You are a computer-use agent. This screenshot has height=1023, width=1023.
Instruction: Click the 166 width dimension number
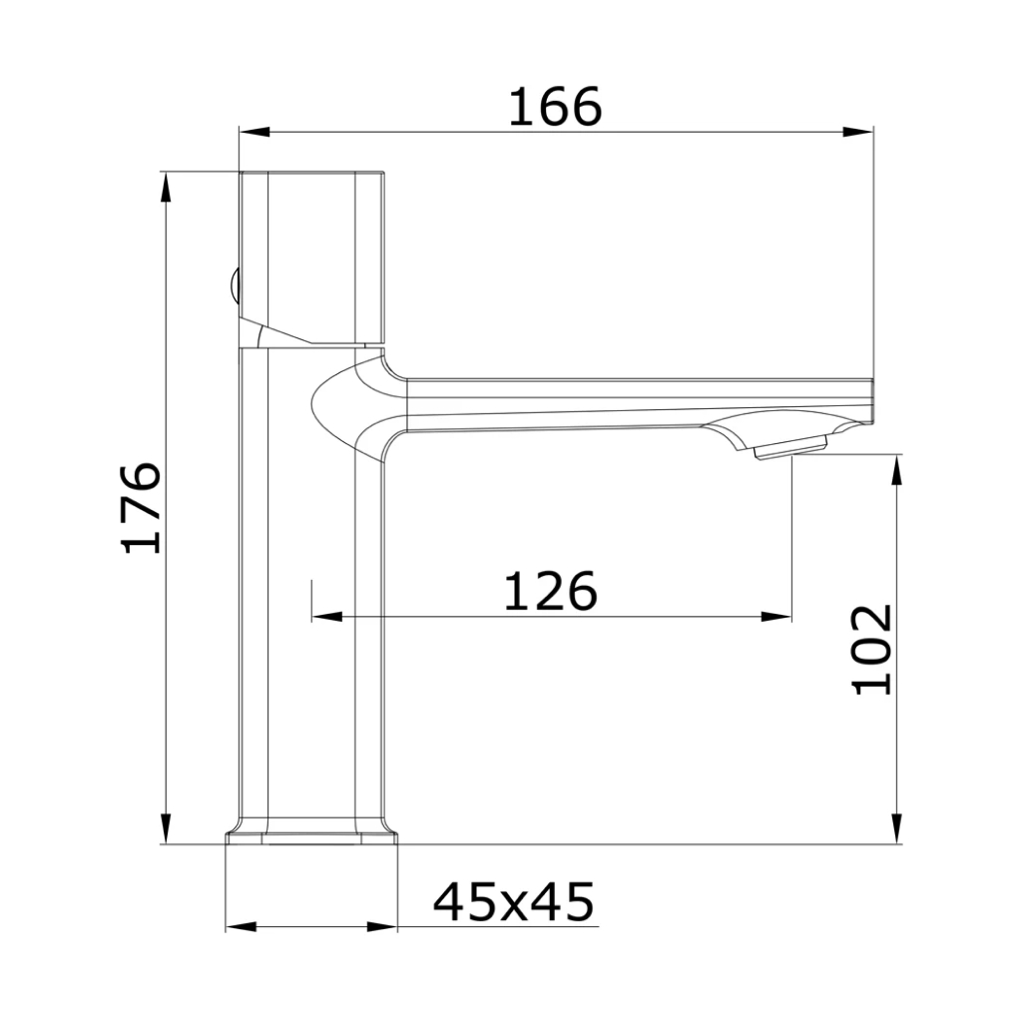555,107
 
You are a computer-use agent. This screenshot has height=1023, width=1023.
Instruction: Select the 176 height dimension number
142,508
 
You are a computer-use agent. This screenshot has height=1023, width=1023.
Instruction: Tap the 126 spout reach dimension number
551,591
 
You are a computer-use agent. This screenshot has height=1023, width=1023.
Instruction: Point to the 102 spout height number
872,649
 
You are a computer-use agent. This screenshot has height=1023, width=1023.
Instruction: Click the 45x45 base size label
513,902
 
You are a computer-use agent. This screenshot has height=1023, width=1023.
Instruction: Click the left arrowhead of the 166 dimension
255,132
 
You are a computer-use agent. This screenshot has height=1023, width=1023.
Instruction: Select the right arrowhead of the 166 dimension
858,132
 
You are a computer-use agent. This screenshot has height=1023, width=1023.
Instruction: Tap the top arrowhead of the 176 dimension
167,188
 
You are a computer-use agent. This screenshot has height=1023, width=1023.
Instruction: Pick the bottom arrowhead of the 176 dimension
167,828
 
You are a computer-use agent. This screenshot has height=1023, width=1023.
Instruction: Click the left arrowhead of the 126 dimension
327,617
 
